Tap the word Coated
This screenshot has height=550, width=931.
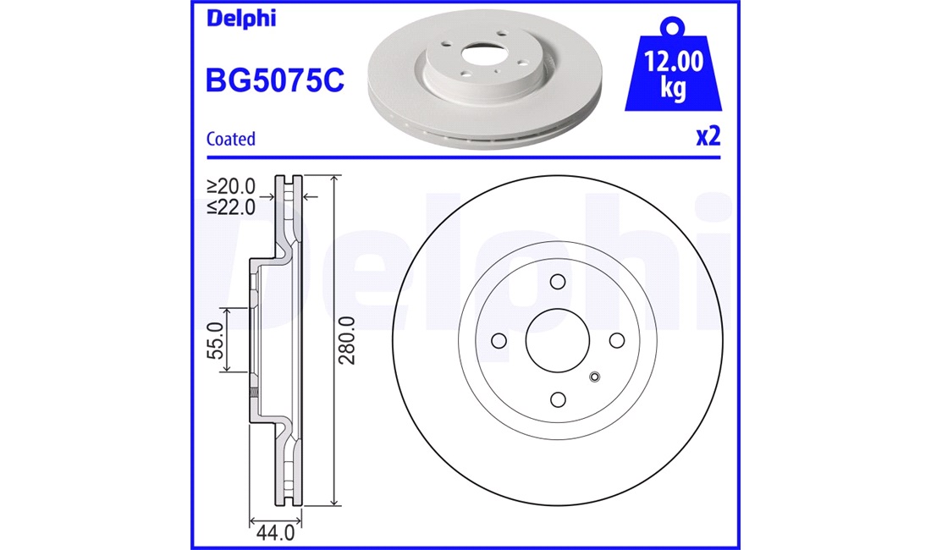click(231, 139)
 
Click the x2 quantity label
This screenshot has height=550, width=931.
click(708, 137)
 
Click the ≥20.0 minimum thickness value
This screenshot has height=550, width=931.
click(231, 186)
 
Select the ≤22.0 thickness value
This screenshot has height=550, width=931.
click(231, 207)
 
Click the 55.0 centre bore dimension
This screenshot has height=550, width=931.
click(216, 340)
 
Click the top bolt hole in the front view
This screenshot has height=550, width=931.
click(557, 282)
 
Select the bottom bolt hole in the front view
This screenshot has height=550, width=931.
click(557, 399)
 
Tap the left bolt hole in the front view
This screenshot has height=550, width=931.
click(499, 340)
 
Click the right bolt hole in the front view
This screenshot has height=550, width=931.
click(616, 340)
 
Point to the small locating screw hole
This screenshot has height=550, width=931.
click(593, 377)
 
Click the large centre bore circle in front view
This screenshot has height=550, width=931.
click(557, 340)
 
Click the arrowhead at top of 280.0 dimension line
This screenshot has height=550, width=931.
click(335, 180)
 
